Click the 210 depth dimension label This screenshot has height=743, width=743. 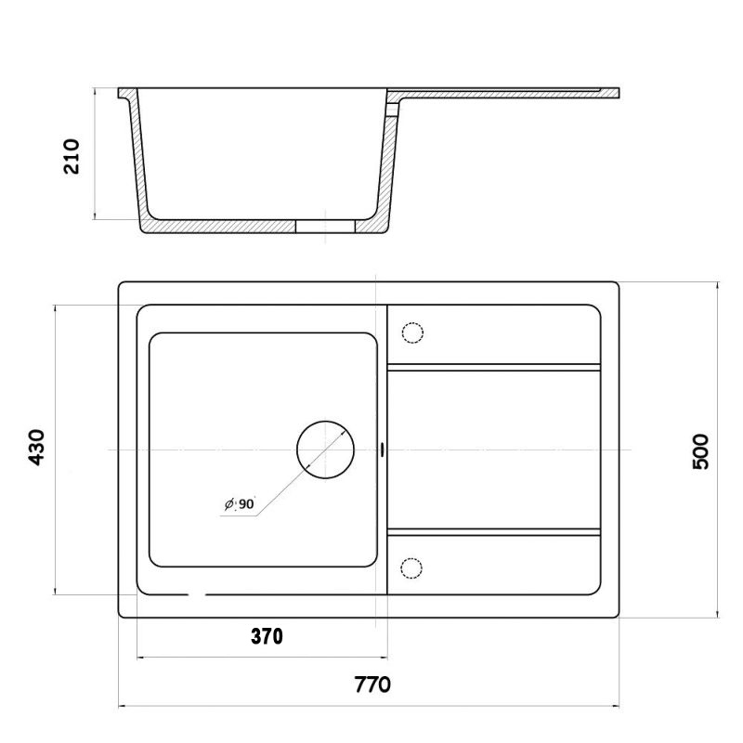72,156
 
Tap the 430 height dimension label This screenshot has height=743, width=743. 36,448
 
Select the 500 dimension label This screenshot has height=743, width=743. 701,451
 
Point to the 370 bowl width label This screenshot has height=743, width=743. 267,636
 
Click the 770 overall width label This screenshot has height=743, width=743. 372,684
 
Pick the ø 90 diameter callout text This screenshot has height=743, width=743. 240,504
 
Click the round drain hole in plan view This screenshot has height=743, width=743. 326,450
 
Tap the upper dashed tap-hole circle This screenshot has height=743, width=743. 412,332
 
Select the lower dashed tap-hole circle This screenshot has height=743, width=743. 411,567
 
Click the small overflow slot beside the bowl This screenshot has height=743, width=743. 382,450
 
